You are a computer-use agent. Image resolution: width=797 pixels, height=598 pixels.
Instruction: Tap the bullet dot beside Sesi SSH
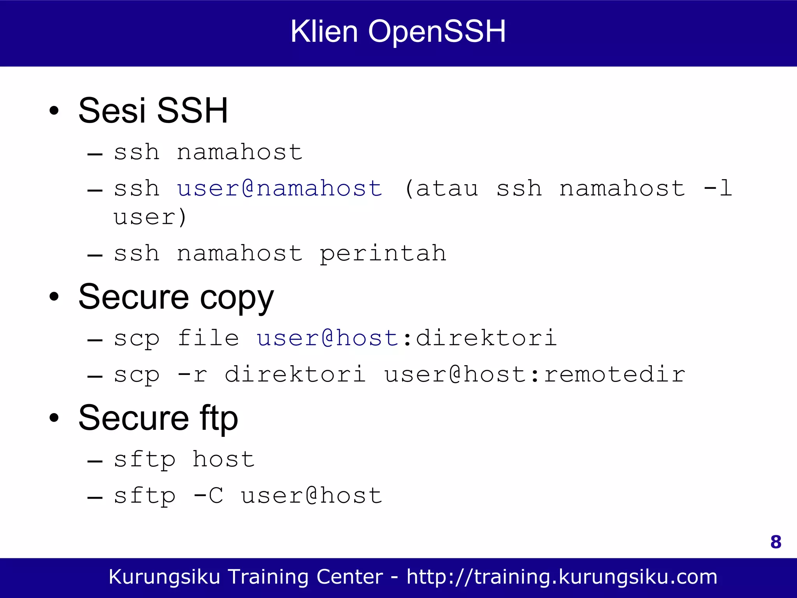click(x=54, y=111)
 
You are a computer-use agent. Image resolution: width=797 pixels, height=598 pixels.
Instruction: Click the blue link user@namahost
click(x=279, y=188)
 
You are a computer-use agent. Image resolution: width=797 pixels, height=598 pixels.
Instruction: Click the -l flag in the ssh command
click(x=718, y=188)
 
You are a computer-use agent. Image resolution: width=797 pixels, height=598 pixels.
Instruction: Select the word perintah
click(x=383, y=253)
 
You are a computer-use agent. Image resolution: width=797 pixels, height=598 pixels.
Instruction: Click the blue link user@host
click(x=327, y=338)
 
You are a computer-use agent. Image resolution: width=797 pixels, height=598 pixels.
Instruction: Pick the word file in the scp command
click(x=208, y=338)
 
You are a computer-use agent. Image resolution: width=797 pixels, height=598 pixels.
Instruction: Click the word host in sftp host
click(x=224, y=459)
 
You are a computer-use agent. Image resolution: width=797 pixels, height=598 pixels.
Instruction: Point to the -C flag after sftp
click(x=208, y=496)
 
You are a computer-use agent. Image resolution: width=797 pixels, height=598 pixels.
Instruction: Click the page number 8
click(x=776, y=542)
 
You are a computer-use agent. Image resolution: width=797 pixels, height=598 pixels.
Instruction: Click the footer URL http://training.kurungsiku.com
click(x=562, y=577)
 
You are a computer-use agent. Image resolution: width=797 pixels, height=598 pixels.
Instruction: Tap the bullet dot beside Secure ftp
click(x=54, y=418)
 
